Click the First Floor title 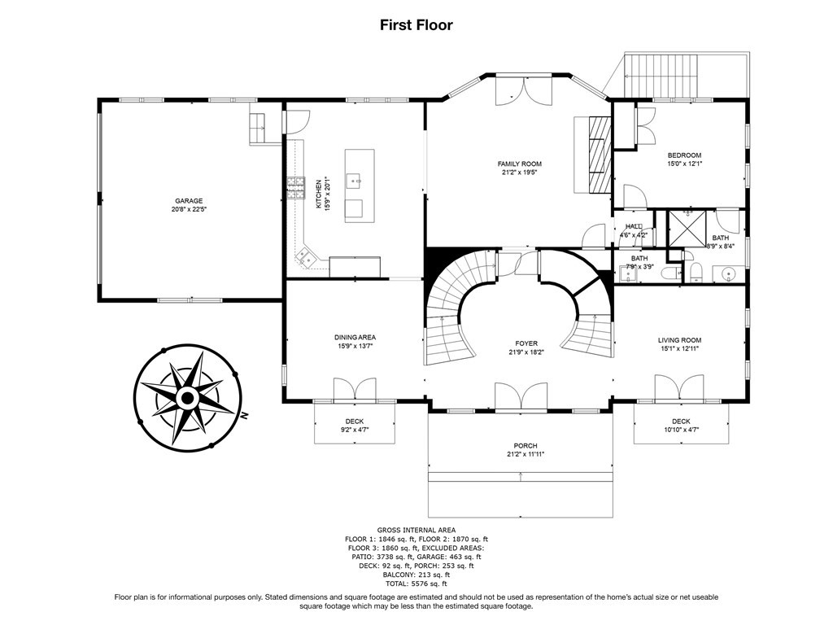[x=416, y=25]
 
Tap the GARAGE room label [x=189, y=201]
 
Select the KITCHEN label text [x=319, y=193]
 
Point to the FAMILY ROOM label [x=520, y=164]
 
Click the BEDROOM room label [x=684, y=155]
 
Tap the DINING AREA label [x=355, y=337]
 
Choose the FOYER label [x=526, y=343]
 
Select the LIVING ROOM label [x=679, y=340]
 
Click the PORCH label [x=526, y=445]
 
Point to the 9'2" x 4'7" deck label [x=355, y=430]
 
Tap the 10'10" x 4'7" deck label [x=681, y=430]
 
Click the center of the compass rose [x=187, y=397]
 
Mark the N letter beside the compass [x=244, y=416]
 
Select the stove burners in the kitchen [x=296, y=188]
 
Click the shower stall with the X [x=687, y=229]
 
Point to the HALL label [x=633, y=226]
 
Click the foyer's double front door [x=521, y=396]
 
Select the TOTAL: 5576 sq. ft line [x=416, y=583]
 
